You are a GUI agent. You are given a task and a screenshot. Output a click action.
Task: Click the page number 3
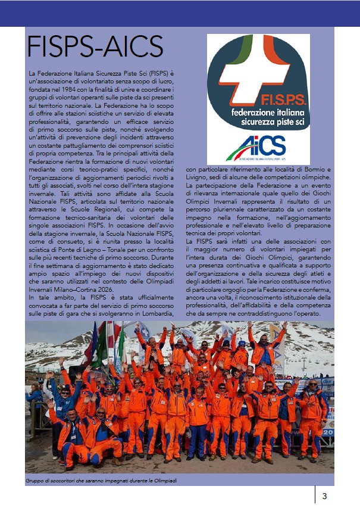tap(324, 496)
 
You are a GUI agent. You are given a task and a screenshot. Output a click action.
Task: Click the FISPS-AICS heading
tap(95, 47)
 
